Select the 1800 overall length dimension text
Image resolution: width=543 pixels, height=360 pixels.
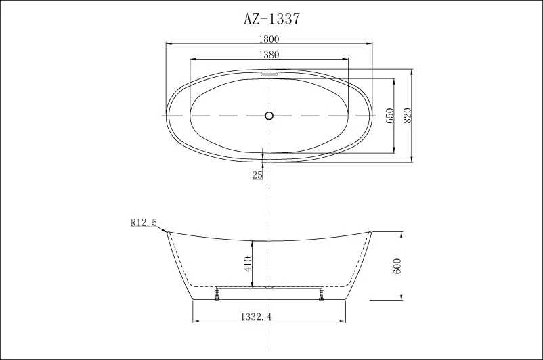click(269, 39)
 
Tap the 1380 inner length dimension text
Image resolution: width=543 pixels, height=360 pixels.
click(269, 54)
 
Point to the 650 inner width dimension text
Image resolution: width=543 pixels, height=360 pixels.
click(389, 116)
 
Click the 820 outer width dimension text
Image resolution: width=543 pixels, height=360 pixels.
click(408, 116)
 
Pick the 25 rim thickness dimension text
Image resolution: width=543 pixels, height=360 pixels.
click(257, 175)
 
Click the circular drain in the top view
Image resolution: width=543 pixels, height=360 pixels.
click(269, 116)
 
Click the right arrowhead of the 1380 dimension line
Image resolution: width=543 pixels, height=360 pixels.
click(347, 60)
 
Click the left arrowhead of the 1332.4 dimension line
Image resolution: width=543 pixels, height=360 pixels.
click(196, 321)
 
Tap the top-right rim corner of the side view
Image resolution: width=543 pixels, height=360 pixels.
click(372, 231)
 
